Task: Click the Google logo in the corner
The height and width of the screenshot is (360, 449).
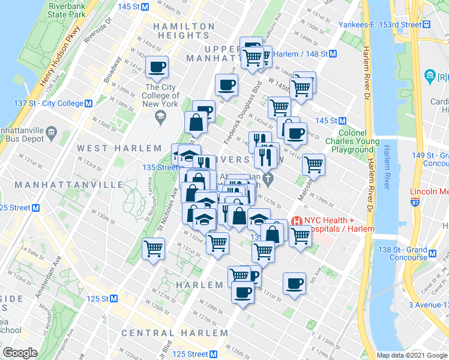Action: (20, 353)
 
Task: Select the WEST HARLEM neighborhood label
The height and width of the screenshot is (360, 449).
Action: (110, 148)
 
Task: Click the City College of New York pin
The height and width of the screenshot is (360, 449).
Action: (160, 118)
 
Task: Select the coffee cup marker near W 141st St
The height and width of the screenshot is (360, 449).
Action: (157, 68)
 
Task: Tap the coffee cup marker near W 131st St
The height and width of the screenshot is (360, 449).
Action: (294, 285)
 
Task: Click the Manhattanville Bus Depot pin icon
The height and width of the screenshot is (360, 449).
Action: (51, 131)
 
